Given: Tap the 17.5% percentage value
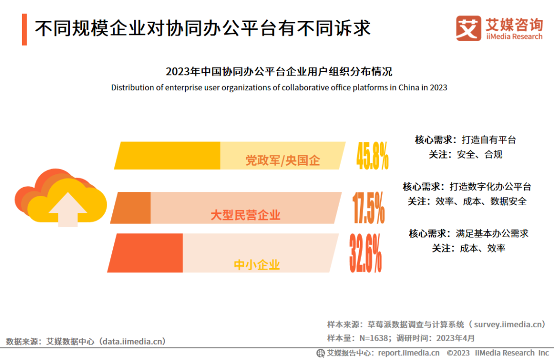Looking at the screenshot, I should [368, 208].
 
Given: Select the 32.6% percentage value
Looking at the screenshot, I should [366, 253].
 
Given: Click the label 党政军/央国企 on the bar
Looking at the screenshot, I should [283, 161].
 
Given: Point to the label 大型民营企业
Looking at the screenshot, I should [246, 215].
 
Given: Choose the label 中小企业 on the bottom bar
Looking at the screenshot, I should [257, 265].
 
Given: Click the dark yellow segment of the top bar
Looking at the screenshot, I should [168, 155].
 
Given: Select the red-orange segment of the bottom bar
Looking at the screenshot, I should [146, 253].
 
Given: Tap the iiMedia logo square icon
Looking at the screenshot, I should [468, 28].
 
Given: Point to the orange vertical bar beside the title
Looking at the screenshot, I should [24, 30].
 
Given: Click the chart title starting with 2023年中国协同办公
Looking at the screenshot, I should [279, 71].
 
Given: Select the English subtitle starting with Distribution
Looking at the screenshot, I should [279, 88].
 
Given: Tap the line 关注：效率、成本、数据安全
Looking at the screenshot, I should [467, 202].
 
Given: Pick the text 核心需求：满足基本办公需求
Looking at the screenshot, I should [468, 233].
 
